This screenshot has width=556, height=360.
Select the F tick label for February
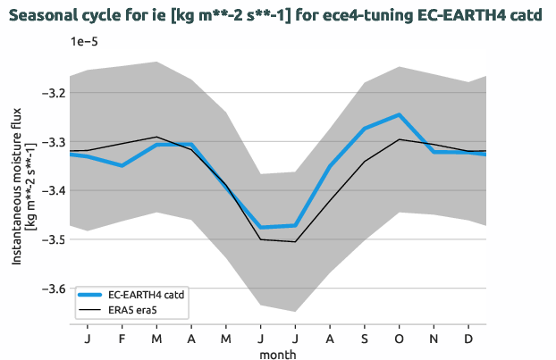tap(122, 340)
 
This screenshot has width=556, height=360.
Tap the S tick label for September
tap(365, 340)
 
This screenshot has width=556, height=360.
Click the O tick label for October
tap(399, 340)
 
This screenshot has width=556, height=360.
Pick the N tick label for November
tap(434, 340)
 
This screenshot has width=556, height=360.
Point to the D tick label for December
tap(468, 340)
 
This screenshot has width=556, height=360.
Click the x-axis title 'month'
tap(278, 354)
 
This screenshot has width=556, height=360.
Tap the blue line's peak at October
tap(399, 114)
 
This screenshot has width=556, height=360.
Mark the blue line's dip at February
tap(122, 165)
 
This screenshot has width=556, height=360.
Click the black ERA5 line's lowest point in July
tap(295, 241)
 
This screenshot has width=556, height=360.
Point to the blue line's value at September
tap(365, 129)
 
